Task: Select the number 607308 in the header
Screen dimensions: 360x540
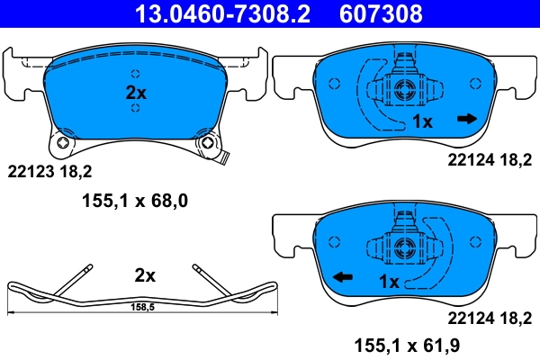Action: (x=379, y=13)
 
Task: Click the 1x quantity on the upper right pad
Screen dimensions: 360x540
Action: (x=423, y=121)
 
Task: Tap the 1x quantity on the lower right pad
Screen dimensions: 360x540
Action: (x=389, y=282)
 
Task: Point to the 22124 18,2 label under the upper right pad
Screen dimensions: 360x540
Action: (x=490, y=160)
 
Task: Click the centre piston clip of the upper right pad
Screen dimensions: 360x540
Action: (x=402, y=88)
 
